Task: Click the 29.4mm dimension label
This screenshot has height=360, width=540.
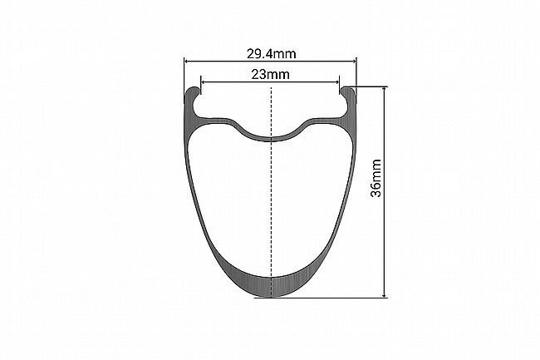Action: point(271,54)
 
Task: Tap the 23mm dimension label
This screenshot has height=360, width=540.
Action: point(270,74)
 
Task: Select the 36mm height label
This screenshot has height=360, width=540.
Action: point(376,178)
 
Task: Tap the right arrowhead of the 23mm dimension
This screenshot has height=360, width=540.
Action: point(336,82)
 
